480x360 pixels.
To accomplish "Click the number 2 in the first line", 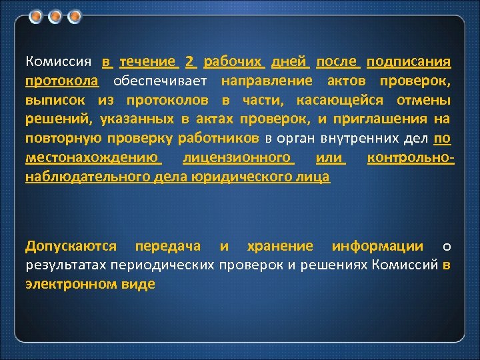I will (191, 62).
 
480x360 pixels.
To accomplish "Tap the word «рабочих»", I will (235, 62).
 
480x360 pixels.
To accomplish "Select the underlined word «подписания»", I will (409, 62).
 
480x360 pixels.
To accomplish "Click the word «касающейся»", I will (341, 101).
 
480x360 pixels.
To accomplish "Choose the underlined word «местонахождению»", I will (93, 159).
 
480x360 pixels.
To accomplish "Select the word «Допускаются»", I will (71, 246).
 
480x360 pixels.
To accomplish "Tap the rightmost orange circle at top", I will (75, 15).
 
